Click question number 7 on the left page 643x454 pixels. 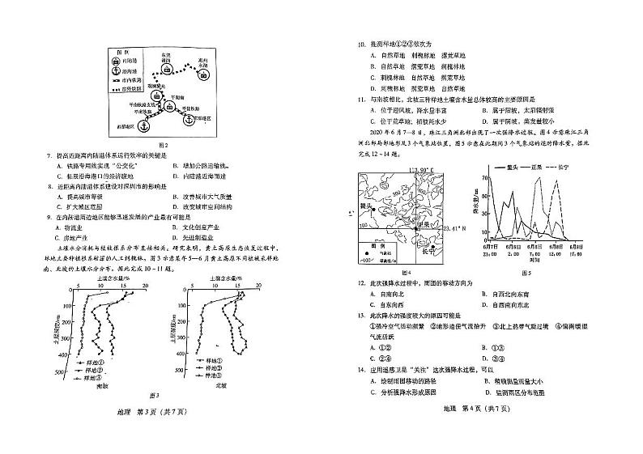click(x=50, y=153)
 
